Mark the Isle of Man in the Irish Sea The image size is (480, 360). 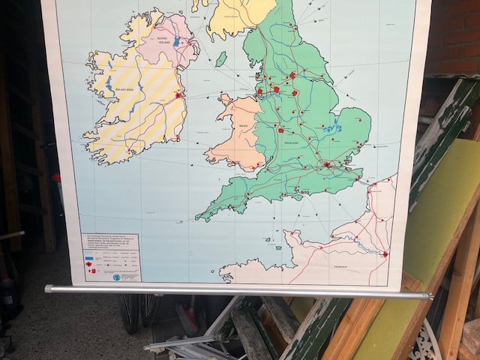220,58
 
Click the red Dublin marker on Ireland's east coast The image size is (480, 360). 178,95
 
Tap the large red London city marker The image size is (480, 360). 327,164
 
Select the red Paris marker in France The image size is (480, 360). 385,254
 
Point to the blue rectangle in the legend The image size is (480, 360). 91,254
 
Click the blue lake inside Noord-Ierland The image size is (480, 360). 176,42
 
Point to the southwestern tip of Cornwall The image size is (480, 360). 198,218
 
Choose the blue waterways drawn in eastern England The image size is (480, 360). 330,128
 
